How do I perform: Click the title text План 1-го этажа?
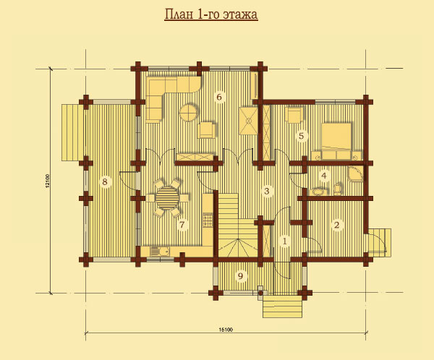(211, 14)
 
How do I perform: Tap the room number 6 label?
(219, 97)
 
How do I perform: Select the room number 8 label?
(105, 181)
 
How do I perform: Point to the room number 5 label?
(302, 136)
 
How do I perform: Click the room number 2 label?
(336, 225)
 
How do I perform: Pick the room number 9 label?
(240, 275)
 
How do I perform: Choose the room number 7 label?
(182, 225)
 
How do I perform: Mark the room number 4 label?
(324, 176)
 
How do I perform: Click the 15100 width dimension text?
(226, 330)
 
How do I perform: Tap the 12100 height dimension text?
(47, 181)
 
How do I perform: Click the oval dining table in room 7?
(168, 198)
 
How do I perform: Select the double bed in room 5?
(336, 142)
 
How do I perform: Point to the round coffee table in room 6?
(189, 112)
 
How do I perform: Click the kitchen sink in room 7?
(160, 252)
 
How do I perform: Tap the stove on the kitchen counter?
(208, 220)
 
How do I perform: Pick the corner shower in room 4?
(356, 173)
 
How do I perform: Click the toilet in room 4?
(338, 189)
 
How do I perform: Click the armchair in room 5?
(294, 115)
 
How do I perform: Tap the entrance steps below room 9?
(282, 307)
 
